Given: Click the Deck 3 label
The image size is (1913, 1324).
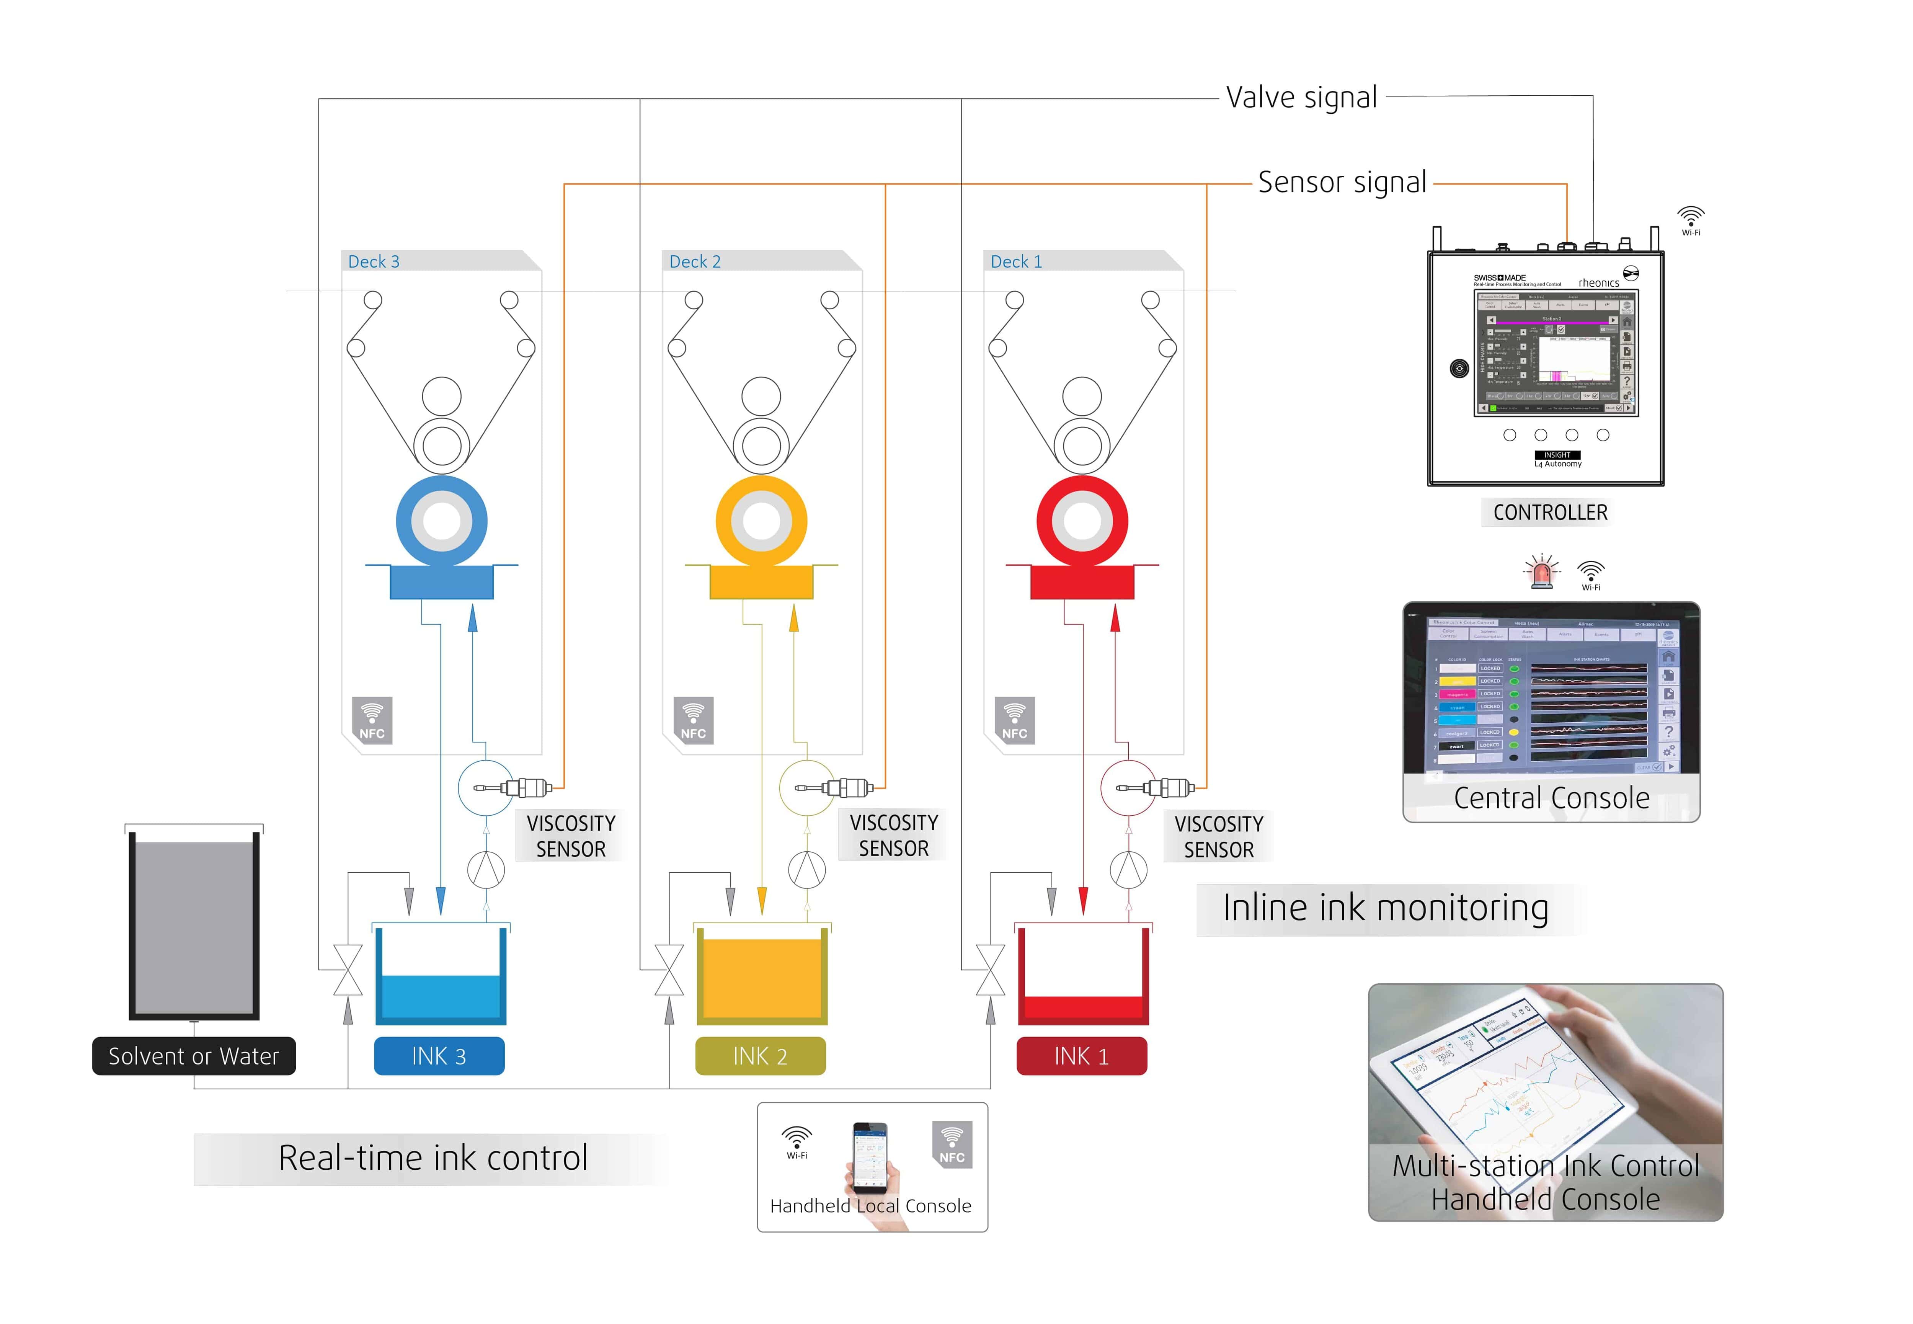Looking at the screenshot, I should tap(373, 261).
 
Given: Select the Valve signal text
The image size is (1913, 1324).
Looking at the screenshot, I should tap(1301, 97).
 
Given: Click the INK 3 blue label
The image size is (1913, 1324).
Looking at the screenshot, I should tap(439, 1056).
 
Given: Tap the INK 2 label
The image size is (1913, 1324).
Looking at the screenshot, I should tap(760, 1056).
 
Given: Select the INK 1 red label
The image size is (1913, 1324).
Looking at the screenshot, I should tap(1081, 1056).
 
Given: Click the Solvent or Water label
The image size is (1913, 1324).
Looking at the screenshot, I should tap(193, 1056).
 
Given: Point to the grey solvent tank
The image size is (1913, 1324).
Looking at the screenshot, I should tap(193, 925).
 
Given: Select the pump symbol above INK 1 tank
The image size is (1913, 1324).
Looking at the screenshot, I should tap(1128, 869).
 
